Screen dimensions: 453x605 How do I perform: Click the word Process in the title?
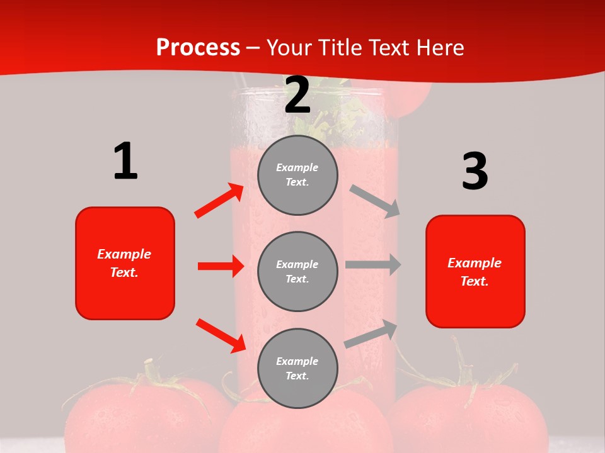[x=198, y=48]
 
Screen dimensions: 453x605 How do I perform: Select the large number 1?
[x=125, y=161]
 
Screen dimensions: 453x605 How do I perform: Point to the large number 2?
[x=297, y=96]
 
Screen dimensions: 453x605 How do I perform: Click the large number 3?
[x=475, y=172]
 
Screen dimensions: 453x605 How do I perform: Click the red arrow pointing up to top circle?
[x=219, y=201]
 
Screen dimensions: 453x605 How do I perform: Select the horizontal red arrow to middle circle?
[x=221, y=266]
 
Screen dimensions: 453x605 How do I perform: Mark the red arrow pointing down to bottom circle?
[x=221, y=335]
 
